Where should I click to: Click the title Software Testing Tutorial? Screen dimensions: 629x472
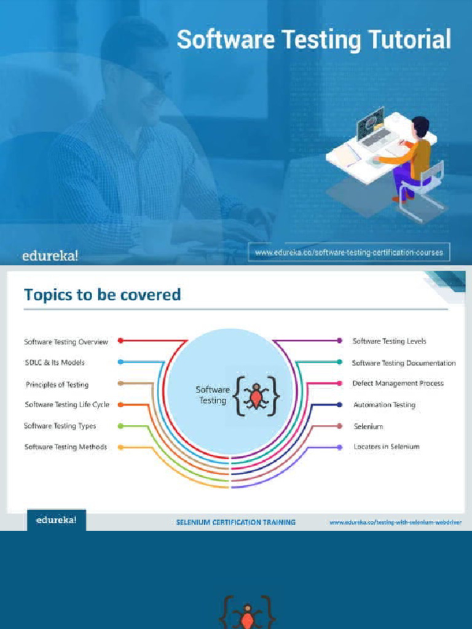(313, 40)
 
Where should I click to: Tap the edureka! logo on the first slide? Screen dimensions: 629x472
(50, 256)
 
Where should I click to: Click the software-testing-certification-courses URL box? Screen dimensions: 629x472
(348, 252)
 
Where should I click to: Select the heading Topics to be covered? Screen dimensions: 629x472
(102, 295)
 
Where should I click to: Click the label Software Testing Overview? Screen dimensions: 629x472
(66, 342)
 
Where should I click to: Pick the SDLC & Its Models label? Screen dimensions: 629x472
(55, 362)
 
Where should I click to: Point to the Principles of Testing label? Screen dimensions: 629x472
(57, 385)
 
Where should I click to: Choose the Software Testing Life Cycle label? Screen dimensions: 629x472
(67, 405)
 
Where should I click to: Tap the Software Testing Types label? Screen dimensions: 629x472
(60, 426)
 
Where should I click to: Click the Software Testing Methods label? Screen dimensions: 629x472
(66, 447)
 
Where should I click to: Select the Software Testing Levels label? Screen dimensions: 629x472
(389, 341)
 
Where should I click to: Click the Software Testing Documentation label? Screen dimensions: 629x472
(404, 363)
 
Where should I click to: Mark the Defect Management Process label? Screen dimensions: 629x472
(398, 383)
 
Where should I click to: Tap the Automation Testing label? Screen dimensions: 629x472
(384, 405)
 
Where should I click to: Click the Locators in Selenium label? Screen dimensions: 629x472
(387, 447)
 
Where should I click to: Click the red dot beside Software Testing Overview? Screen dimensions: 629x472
(121, 340)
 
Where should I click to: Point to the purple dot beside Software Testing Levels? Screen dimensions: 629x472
(340, 340)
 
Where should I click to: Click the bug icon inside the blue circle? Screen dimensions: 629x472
(254, 397)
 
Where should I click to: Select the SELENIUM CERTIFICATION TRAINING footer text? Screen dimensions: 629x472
(236, 522)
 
